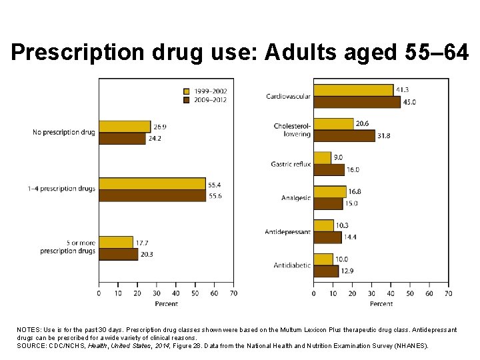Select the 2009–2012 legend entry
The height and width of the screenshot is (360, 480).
204,100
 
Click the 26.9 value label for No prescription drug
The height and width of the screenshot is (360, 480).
160,127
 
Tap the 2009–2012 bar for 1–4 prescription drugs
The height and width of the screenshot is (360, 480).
153,196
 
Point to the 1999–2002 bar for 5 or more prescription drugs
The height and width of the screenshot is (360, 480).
116,242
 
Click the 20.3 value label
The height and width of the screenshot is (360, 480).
147,254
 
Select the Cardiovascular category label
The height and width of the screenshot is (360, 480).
288,96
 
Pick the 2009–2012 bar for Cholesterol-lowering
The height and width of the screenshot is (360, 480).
344,136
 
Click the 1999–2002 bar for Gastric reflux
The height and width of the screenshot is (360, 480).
322,157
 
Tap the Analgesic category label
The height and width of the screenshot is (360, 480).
295,198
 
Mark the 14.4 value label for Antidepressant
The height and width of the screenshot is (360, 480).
351,237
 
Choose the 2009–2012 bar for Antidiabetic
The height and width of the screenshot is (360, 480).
326,271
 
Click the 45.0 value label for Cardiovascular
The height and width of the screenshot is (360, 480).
410,102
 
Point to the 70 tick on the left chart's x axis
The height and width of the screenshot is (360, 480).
233,293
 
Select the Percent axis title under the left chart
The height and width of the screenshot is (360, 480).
166,303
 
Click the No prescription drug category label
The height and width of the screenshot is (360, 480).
64,133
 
